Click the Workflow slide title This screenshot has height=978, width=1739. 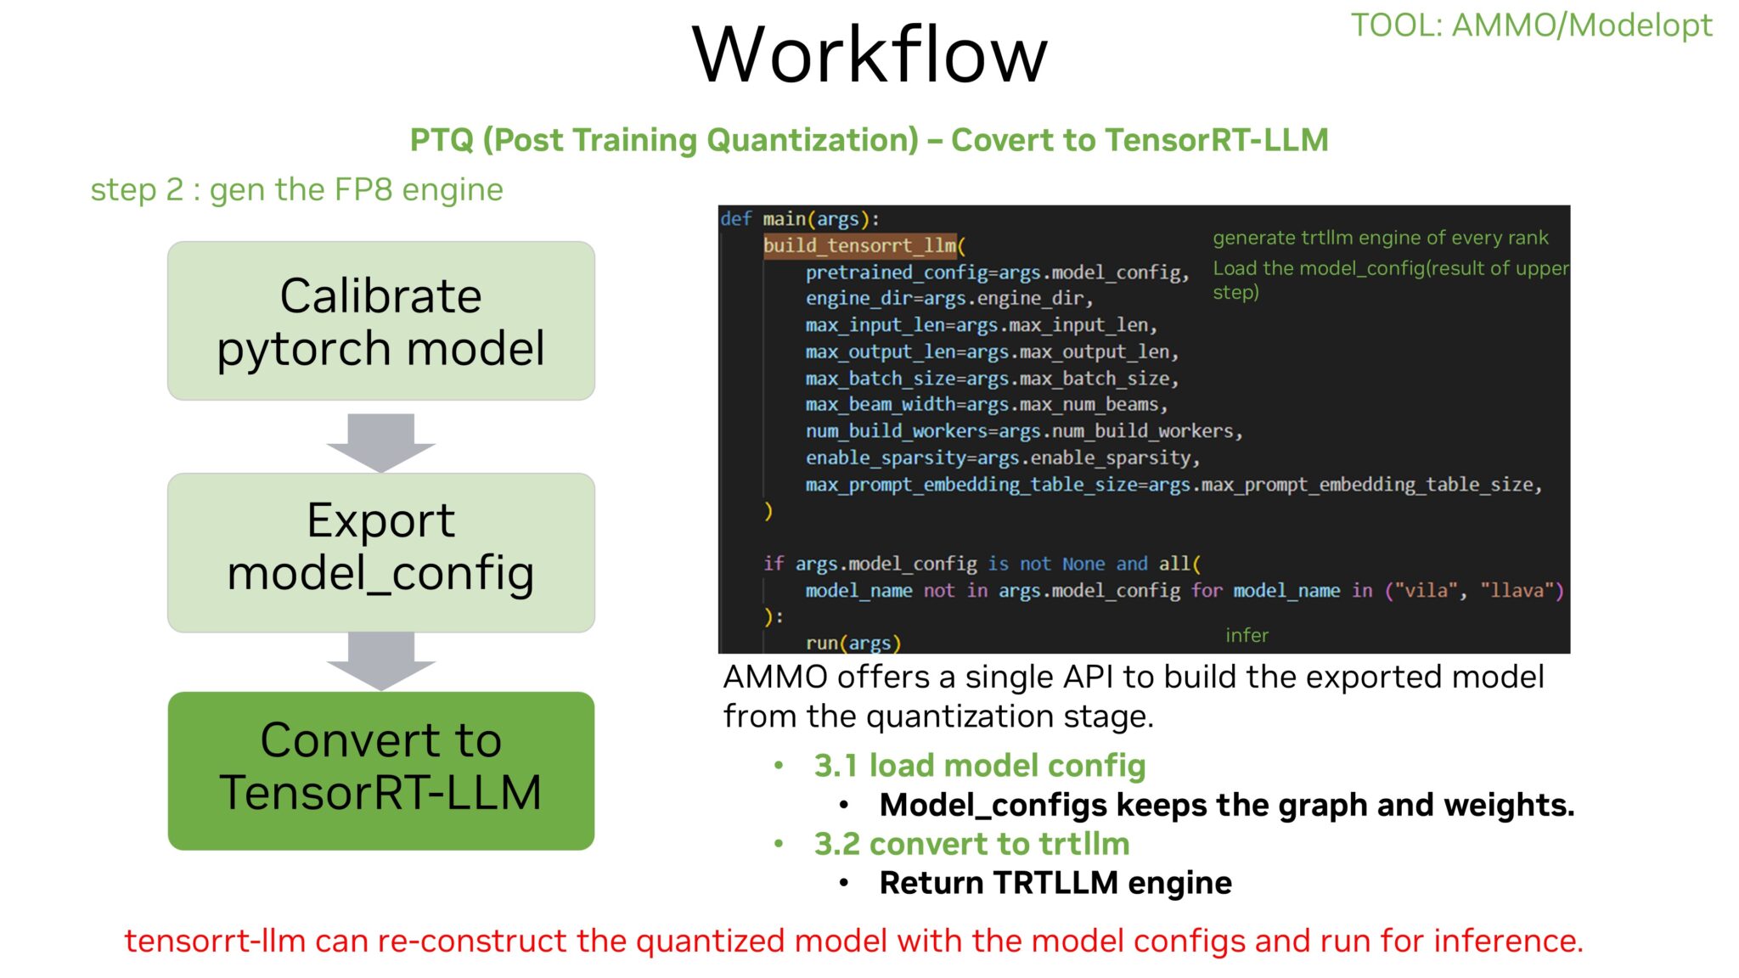[x=869, y=55]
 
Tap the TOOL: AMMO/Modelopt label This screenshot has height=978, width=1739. [x=1531, y=25]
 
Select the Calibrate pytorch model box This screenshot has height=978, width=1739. [x=381, y=321]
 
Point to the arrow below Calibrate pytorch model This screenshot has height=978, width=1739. [x=381, y=441]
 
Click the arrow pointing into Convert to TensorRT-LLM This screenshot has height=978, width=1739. [x=381, y=660]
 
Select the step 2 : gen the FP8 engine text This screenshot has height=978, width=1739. [x=296, y=189]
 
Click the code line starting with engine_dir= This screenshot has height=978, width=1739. [x=948, y=299]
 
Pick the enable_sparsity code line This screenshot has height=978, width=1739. [x=1002, y=458]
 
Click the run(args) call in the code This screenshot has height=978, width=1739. [x=853, y=643]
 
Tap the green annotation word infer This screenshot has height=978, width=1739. [x=1247, y=635]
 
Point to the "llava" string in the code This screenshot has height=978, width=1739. [x=1521, y=590]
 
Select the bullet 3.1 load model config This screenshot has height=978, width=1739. [x=979, y=766]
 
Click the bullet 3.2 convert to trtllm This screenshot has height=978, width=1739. [x=971, y=844]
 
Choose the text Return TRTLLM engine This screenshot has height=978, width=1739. [x=1055, y=883]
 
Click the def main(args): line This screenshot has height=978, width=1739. [x=800, y=219]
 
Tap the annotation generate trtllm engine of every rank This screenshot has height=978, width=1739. [x=1380, y=238]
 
